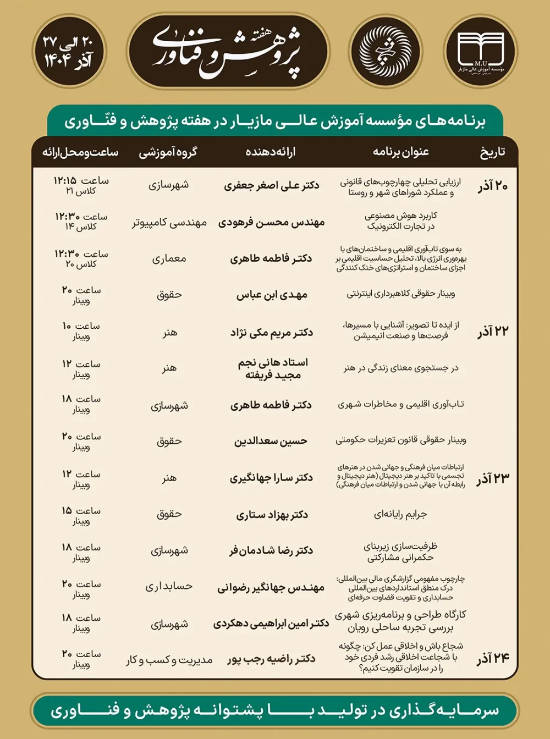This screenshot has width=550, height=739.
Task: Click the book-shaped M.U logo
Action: click(x=481, y=52)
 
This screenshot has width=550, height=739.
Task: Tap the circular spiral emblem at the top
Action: click(x=384, y=52)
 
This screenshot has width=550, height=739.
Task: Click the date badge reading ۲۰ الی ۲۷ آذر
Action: click(x=68, y=52)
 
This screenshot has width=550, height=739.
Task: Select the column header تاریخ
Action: click(x=492, y=152)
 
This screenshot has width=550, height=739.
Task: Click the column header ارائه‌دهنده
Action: click(x=271, y=152)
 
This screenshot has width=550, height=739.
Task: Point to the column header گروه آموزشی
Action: click(x=168, y=152)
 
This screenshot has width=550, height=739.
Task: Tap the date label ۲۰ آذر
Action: click(x=492, y=186)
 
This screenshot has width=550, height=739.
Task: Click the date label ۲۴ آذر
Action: click(x=493, y=658)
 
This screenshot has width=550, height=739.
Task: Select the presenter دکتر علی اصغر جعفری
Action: click(x=271, y=186)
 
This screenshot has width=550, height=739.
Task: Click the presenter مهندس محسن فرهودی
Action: click(x=271, y=223)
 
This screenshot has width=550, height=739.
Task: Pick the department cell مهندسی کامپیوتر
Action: click(x=169, y=223)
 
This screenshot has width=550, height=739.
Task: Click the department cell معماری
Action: click(x=169, y=259)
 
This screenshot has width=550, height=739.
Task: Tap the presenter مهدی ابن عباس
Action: click(x=272, y=295)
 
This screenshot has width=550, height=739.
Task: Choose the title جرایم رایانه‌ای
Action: click(x=400, y=515)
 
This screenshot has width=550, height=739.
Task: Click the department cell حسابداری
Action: click(x=169, y=587)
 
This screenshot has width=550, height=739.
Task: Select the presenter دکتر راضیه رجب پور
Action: click(x=271, y=659)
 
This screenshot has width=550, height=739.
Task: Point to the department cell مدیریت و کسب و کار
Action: click(x=169, y=660)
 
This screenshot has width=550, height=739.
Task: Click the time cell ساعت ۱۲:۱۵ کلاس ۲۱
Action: click(x=81, y=186)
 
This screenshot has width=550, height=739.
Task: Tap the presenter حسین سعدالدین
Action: click(x=271, y=441)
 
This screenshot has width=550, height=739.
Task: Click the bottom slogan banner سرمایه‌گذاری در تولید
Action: click(x=275, y=710)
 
